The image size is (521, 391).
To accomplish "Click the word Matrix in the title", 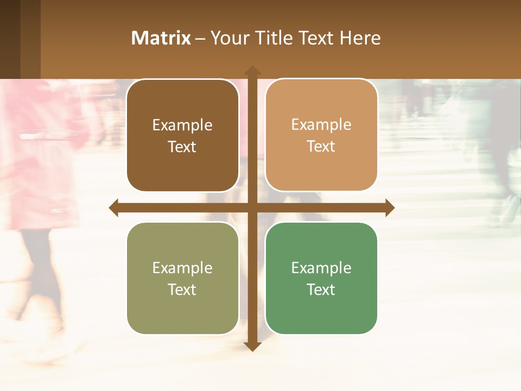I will pyautogui.click(x=161, y=38).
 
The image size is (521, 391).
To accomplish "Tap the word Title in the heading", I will pyautogui.click(x=275, y=38).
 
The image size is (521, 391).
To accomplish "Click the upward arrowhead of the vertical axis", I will pyautogui.click(x=252, y=71).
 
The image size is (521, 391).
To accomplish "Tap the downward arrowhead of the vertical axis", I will pyautogui.click(x=252, y=346).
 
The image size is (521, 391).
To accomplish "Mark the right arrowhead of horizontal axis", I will pyautogui.click(x=390, y=208).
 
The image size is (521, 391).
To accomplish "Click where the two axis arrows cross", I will pyautogui.click(x=252, y=208).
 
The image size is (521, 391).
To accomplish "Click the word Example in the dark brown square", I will pyautogui.click(x=182, y=125).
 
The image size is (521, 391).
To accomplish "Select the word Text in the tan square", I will pyautogui.click(x=321, y=147).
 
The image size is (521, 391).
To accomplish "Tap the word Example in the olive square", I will pyautogui.click(x=182, y=268).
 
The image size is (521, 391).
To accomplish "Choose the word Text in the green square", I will pyautogui.click(x=321, y=289).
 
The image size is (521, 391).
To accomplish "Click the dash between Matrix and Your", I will pyautogui.click(x=200, y=39).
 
